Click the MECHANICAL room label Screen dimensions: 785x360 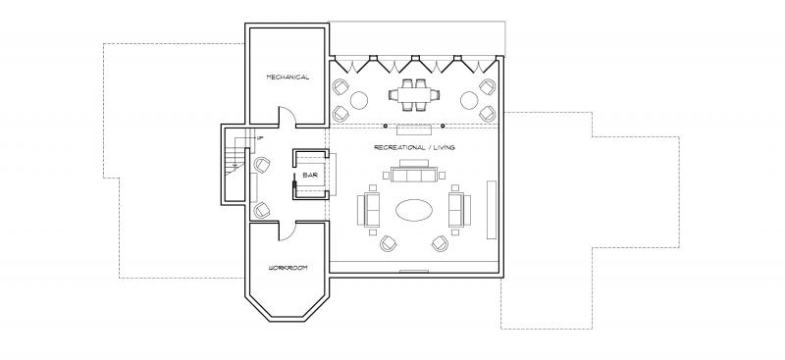coord(288,77)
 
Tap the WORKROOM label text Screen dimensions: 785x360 coord(288,268)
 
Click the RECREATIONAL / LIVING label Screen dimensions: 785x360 coord(414,147)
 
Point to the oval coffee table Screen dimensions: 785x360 coord(414,210)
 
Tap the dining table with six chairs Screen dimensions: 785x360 coord(414,94)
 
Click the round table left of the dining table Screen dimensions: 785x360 coord(359,100)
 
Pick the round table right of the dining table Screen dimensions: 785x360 coord(469,100)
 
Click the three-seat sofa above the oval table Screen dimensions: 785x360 coord(413,172)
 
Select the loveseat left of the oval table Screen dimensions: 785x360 coord(369,210)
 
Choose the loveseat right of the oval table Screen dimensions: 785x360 coord(459,210)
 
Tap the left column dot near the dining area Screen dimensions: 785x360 coord(386,126)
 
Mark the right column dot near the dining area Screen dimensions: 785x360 coord(443,126)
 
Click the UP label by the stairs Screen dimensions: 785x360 coord(259,137)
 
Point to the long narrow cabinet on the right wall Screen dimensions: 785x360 coord(492,210)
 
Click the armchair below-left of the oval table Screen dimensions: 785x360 coord(388,243)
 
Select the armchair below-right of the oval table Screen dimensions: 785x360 coord(440,243)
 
